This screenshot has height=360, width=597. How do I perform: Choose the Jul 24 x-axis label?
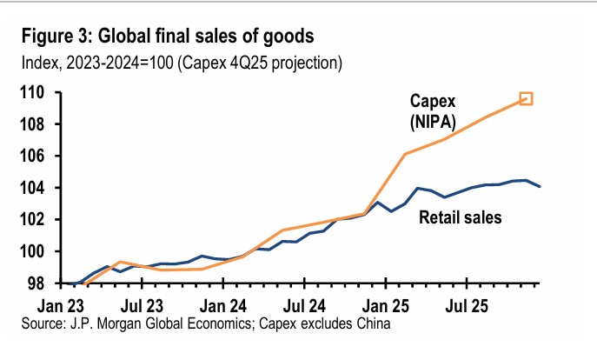pyautogui.click(x=306, y=306)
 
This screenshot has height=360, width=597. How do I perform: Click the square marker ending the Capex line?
pyautogui.click(x=526, y=99)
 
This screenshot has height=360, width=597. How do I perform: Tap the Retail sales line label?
pyautogui.click(x=461, y=217)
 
